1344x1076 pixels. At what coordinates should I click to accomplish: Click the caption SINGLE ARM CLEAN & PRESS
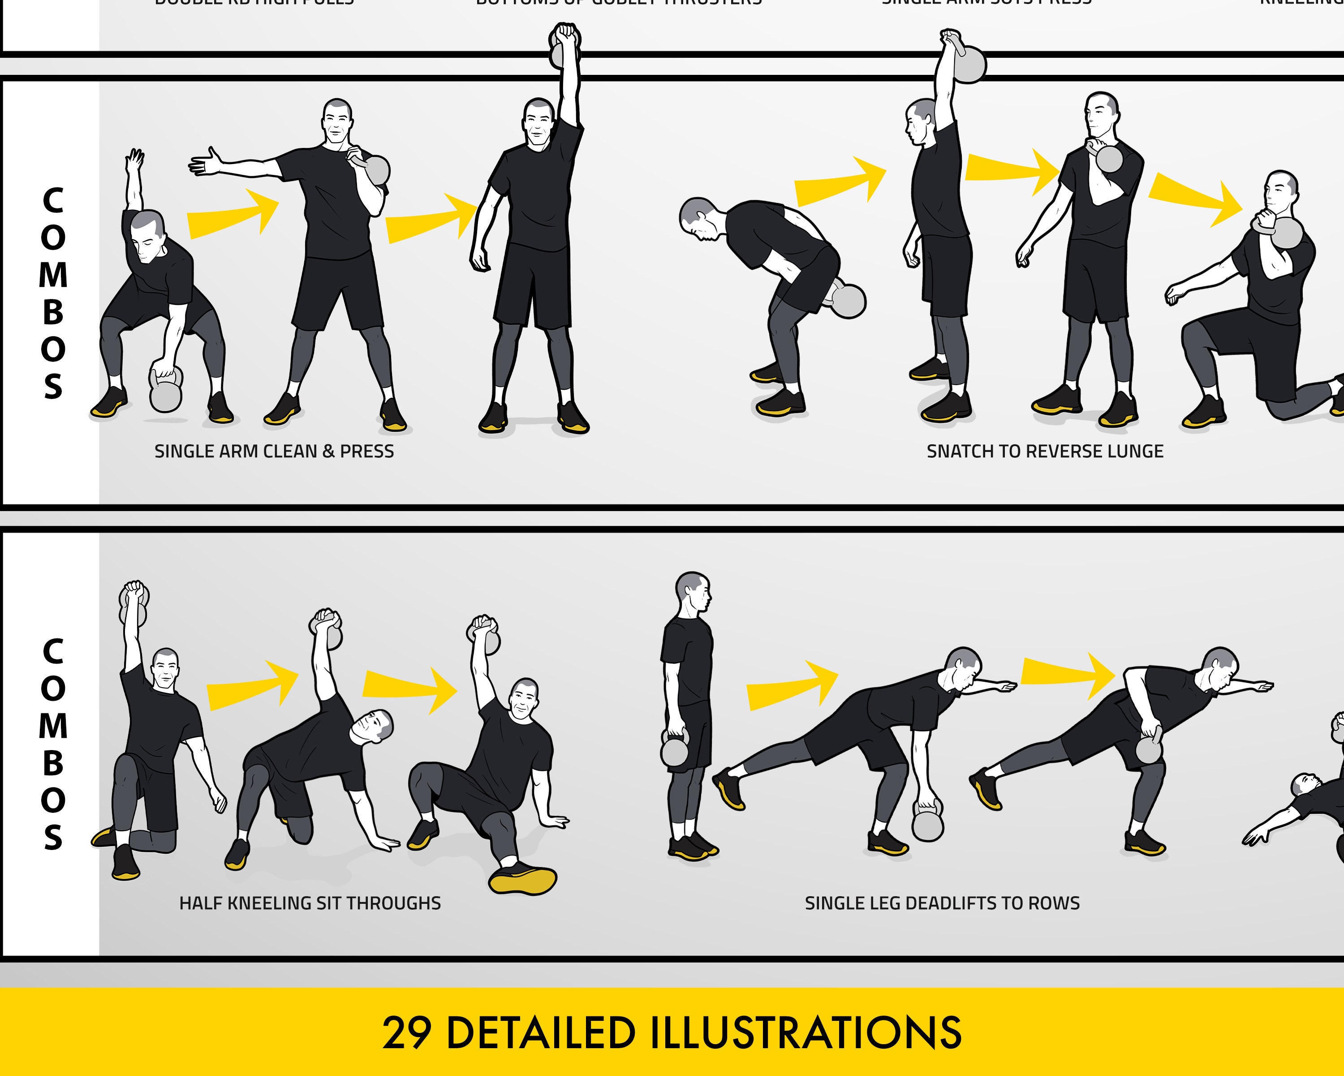(x=274, y=451)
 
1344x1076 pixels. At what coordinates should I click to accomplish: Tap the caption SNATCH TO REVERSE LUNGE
(x=1045, y=451)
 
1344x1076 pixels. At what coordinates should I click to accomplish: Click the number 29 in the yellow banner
(x=406, y=1033)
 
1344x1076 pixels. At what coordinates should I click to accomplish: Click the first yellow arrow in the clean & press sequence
(x=234, y=213)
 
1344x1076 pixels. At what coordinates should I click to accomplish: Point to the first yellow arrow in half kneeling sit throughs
(x=253, y=685)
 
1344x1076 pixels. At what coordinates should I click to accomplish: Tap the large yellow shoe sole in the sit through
(x=522, y=880)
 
